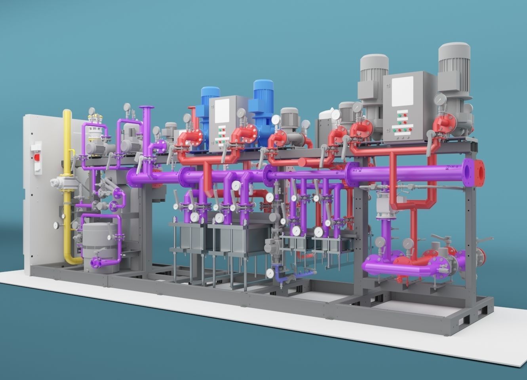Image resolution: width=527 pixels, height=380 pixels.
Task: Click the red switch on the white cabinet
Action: click(38, 157)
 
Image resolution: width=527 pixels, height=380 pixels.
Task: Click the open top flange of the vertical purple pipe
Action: click(146, 108)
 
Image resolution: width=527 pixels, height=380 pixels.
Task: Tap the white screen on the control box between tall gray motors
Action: click(402, 91)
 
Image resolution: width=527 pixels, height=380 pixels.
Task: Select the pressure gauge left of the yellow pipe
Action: click(56, 225)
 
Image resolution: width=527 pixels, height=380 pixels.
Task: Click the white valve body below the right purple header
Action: click(383, 206)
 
